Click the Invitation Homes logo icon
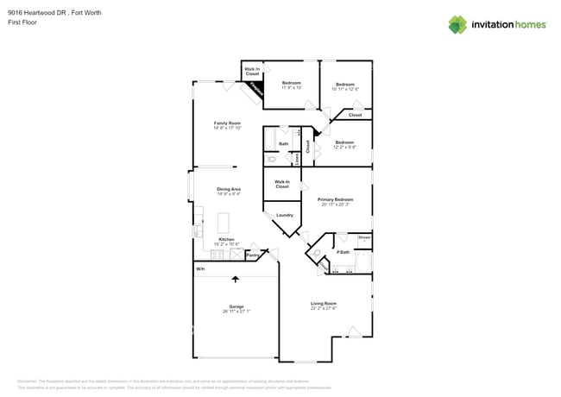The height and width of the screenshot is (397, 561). click(457, 24)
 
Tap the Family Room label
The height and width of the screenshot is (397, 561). click(227, 123)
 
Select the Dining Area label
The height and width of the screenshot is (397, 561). click(229, 189)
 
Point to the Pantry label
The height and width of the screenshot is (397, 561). click(253, 255)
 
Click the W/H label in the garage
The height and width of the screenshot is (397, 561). click(199, 269)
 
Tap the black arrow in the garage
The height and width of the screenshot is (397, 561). click(235, 279)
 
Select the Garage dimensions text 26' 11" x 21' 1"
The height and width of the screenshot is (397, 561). click(236, 312)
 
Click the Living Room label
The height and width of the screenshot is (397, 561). click(324, 303)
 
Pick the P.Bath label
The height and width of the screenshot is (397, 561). click(343, 252)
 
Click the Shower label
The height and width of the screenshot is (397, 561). click(364, 236)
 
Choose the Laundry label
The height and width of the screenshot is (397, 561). click(284, 215)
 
